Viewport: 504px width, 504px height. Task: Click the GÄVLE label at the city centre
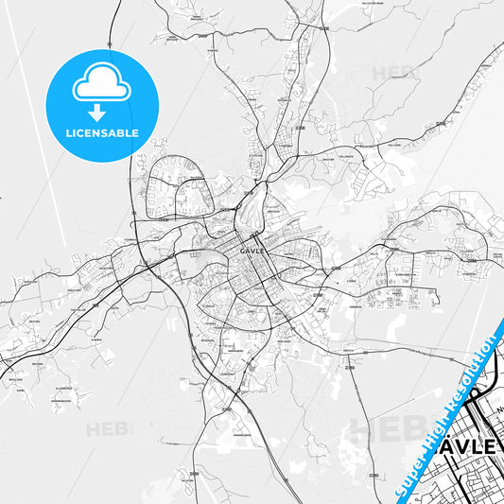[x=252, y=251]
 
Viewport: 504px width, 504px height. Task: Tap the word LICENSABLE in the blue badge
[x=101, y=133]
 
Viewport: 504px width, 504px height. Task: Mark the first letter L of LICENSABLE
[x=67, y=133]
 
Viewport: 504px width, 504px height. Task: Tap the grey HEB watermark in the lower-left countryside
[x=106, y=429]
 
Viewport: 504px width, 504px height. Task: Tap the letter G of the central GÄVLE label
[x=243, y=251]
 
